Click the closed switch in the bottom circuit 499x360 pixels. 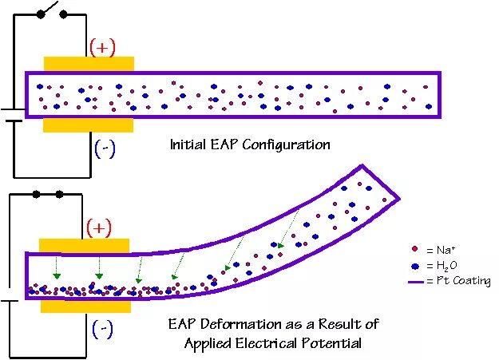click(47, 194)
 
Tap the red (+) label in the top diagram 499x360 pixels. click(103, 47)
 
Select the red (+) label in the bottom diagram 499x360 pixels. click(100, 228)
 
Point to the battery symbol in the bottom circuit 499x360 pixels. click(10, 299)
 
